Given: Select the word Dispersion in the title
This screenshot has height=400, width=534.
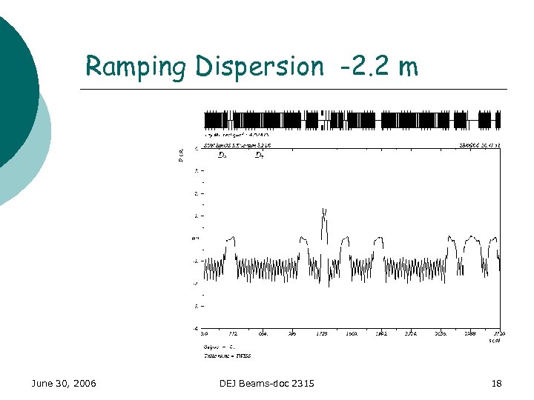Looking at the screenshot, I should pos(260,67).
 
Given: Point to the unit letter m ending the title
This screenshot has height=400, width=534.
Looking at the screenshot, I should pos(407,68).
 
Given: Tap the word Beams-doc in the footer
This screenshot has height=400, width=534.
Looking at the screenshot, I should pos(269,383).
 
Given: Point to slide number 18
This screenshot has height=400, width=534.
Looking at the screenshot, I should pos(496,383).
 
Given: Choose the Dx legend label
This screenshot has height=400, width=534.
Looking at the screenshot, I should pos(222,156).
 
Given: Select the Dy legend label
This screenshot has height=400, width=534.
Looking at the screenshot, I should pos(259,156).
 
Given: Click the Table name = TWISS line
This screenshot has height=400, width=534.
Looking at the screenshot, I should pos(228,356).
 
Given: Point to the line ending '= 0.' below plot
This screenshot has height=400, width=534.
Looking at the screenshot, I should pos(219,347).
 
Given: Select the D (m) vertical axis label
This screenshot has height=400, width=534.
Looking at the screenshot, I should pos(180,155).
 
